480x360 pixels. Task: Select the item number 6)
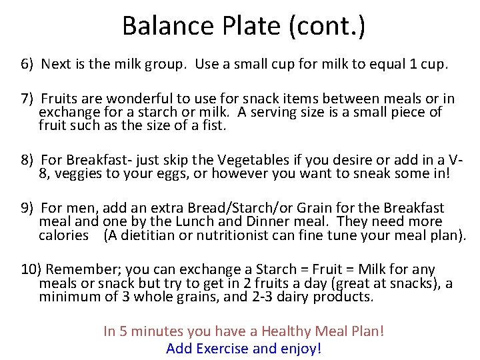[x=27, y=65]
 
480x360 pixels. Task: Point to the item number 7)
[x=27, y=99]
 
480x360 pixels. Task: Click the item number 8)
[x=27, y=161]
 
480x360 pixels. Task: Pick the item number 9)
[x=27, y=209]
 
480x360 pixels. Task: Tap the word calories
[x=63, y=235]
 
